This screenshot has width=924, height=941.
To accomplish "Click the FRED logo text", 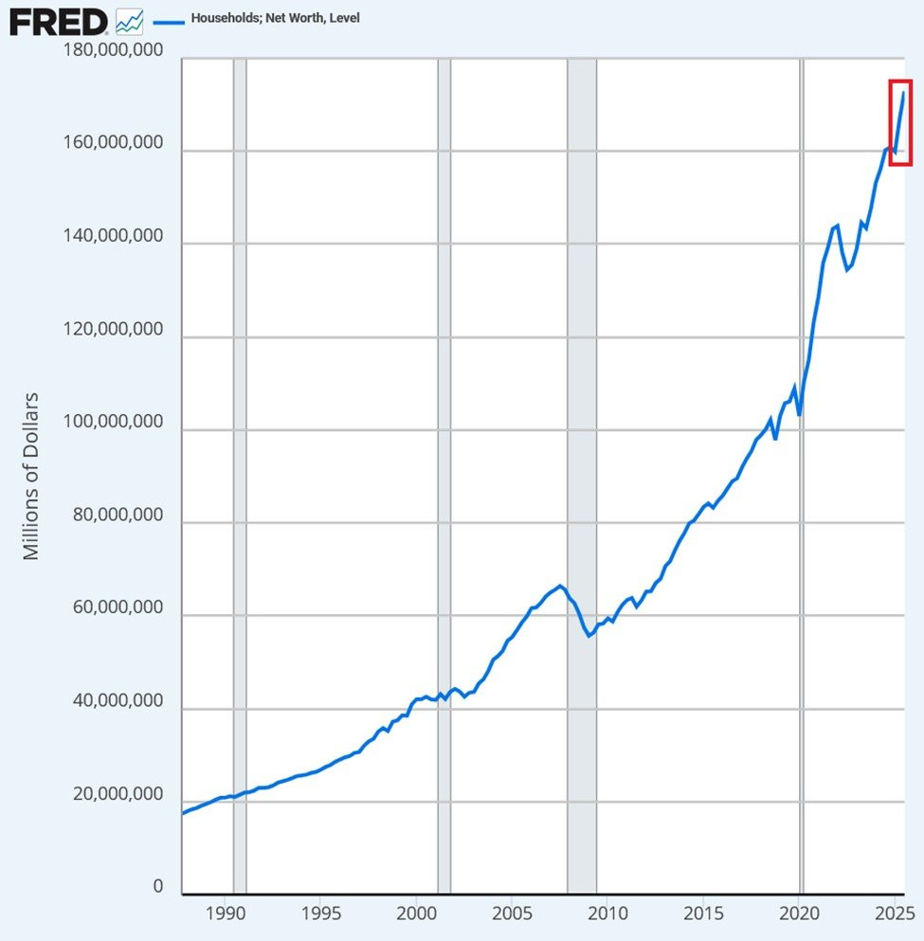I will [58, 21].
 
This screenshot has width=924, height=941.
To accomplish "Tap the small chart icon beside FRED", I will [129, 21].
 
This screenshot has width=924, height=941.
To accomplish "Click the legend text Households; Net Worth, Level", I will [275, 18].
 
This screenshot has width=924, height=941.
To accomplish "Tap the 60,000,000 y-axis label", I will [117, 609].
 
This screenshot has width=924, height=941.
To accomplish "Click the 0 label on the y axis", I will [157, 888].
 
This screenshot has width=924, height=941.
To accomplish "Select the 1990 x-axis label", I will [225, 914].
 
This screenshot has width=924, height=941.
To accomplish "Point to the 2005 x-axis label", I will [512, 914].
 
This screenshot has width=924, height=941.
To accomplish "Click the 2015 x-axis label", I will [703, 914].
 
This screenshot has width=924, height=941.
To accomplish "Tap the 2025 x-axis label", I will [895, 914].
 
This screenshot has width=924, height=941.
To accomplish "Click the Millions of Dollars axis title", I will [32, 475].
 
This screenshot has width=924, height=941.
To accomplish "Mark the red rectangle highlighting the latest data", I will [900, 123].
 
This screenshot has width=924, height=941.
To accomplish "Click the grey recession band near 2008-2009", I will [582, 474].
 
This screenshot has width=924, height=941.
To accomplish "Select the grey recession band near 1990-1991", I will [240, 474].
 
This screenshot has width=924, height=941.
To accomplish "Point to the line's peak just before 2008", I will [560, 586].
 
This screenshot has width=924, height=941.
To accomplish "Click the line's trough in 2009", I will [589, 636].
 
